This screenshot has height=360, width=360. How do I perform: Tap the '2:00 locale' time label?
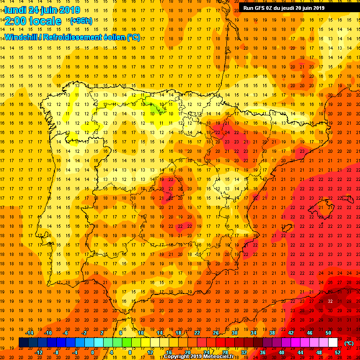(x=33, y=21)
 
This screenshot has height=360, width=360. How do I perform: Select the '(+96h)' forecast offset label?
(x=81, y=21)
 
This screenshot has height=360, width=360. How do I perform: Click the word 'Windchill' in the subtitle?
(x=21, y=37)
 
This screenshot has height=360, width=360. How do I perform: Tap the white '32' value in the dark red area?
(x=330, y=301)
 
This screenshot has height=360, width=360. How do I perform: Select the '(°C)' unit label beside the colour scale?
(x=349, y=343)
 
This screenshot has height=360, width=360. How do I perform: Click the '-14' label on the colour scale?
(x=29, y=333)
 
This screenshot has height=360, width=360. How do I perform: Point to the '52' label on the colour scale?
(x=337, y=352)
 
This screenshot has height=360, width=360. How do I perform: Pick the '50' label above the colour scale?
(x=328, y=333)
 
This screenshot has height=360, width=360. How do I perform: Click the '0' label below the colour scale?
(x=92, y=352)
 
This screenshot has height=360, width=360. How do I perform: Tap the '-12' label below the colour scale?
(x=38, y=352)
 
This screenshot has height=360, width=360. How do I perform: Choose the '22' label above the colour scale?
(x=197, y=333)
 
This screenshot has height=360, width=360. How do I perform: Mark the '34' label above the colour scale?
(x=253, y=333)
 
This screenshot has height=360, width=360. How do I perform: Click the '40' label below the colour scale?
(x=281, y=352)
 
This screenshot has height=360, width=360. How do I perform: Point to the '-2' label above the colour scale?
(x=84, y=333)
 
